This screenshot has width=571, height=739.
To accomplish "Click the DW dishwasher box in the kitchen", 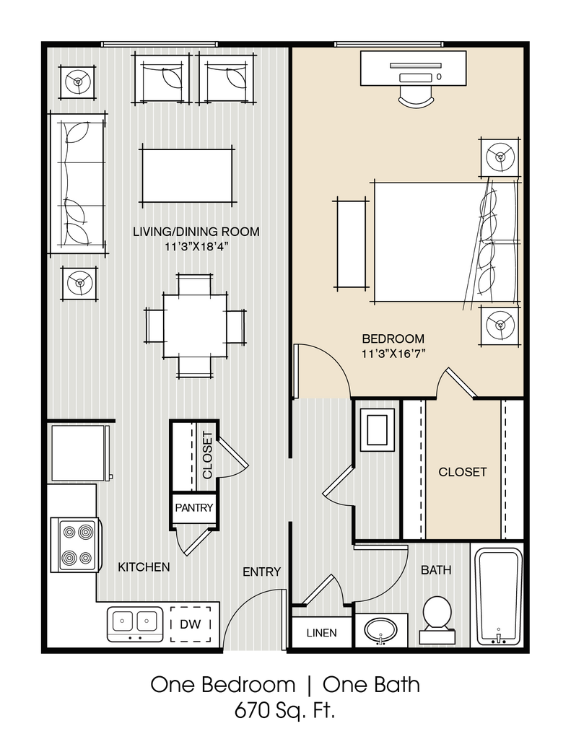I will (191, 624).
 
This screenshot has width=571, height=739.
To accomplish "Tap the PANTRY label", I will (194, 507).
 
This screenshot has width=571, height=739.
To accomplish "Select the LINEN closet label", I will (321, 633).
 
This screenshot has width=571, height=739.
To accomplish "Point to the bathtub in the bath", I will (498, 596).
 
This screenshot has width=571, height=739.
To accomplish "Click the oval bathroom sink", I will (380, 631).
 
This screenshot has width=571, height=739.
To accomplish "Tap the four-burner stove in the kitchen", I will (77, 545).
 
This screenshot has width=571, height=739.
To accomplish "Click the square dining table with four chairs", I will (195, 325).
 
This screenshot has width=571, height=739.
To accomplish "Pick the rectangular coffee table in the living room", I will (186, 175).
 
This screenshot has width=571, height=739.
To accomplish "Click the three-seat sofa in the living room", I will (77, 183).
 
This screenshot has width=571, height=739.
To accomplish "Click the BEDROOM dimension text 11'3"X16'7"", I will (393, 354).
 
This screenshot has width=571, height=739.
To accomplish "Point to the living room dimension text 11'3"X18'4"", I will (196, 247).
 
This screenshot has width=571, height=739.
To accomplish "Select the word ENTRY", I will (261, 572).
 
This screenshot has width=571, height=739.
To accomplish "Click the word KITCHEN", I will (144, 567).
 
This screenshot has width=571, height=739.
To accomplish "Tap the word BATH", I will (436, 569).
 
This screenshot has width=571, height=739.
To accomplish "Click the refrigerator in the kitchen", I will (78, 452).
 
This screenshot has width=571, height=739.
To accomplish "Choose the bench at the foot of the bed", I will (350, 242).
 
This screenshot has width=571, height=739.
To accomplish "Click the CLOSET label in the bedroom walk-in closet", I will (463, 472).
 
